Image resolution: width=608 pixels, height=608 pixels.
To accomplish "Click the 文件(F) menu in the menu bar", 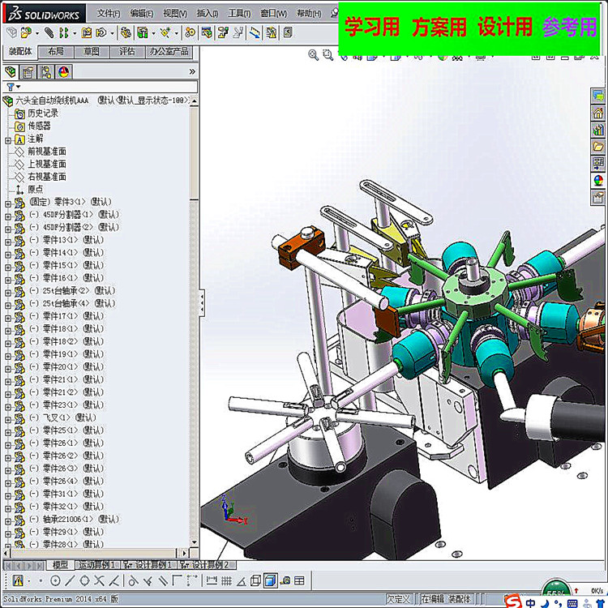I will click(109, 14).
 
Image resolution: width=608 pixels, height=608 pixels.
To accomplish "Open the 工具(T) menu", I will click(239, 14).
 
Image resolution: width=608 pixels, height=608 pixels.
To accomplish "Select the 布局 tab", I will click(56, 51).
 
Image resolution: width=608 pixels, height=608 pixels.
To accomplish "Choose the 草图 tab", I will click(92, 51).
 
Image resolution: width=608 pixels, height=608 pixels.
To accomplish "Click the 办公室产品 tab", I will click(169, 51).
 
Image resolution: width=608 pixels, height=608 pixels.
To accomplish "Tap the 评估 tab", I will click(127, 51).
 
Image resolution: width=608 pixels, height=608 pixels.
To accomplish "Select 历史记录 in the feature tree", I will click(43, 113).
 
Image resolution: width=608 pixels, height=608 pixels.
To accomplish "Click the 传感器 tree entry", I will click(39, 126).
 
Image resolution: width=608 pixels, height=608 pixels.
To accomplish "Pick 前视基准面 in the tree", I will click(47, 152).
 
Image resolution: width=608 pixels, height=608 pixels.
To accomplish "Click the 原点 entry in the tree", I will click(36, 189).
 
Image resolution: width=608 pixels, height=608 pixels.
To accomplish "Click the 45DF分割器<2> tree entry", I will click(68, 227).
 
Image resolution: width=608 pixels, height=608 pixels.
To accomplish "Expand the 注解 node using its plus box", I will click(8, 139).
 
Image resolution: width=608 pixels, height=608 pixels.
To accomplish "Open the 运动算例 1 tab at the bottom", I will click(98, 565).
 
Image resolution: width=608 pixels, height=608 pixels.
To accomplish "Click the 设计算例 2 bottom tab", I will click(208, 565).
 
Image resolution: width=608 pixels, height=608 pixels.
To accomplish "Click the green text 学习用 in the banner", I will click(372, 27).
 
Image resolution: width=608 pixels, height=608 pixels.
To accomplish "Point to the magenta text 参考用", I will click(569, 27).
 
